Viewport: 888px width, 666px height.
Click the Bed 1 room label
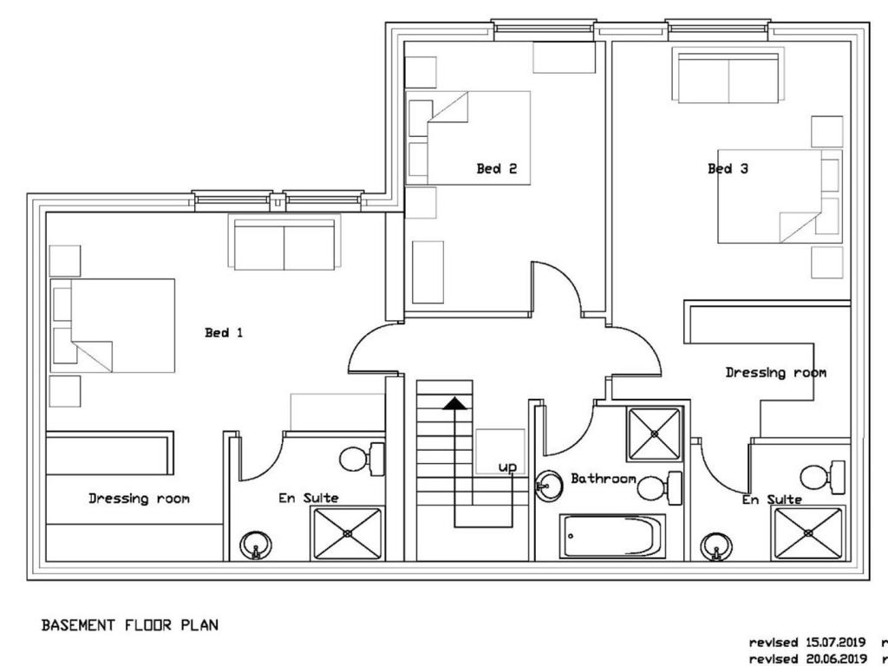[x=224, y=332]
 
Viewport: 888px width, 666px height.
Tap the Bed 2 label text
[x=497, y=168]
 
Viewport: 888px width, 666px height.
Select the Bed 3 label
[x=728, y=168]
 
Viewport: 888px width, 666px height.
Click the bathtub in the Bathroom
[x=612, y=536]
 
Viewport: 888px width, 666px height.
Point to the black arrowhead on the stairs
[x=454, y=403]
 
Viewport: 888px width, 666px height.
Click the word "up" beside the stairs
[x=507, y=467]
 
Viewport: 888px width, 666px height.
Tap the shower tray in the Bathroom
[x=655, y=434]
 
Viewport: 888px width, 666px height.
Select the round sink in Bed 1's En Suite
[x=256, y=546]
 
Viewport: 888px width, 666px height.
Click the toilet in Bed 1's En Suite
[x=362, y=459]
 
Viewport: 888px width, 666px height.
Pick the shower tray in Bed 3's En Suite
[x=808, y=533]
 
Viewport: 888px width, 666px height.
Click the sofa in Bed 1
[x=284, y=243]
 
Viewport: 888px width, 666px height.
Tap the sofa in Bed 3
[x=728, y=75]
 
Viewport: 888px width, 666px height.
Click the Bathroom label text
[x=604, y=479]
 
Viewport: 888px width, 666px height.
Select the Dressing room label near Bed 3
[x=776, y=373]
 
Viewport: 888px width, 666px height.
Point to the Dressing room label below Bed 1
[x=140, y=499]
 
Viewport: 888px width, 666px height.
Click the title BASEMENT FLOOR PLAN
[x=130, y=625]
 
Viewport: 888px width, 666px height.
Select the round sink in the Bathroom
[x=549, y=486]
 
